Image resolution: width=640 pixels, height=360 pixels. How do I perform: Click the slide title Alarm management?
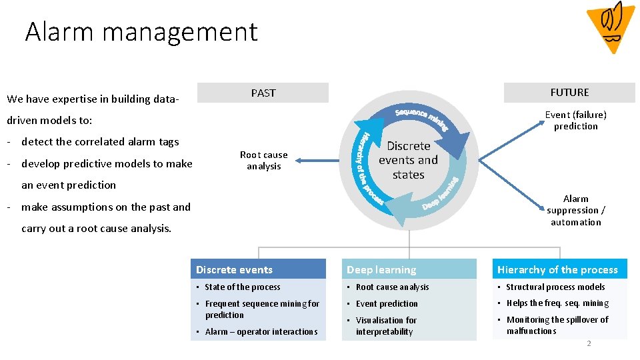coord(141,31)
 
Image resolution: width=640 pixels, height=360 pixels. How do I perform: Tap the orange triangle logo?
coord(611,26)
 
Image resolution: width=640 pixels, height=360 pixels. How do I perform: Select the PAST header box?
coord(263,93)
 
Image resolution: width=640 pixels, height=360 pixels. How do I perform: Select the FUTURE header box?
coord(569,92)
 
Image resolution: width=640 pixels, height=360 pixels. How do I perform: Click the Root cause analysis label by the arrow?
coord(264,160)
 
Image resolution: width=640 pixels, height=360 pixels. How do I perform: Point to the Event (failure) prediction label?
coord(575,120)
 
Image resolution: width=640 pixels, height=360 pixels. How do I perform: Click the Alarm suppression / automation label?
coord(575,210)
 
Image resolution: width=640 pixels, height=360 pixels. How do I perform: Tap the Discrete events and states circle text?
coord(408,160)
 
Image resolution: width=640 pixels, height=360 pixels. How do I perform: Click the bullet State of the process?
coord(243,287)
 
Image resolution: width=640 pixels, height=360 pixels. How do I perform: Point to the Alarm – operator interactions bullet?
coord(261,331)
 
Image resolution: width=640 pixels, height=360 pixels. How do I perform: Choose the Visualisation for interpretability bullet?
coord(386,325)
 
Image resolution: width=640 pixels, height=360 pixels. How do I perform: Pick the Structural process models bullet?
coord(555,287)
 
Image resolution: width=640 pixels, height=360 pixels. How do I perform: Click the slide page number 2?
coord(589,343)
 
